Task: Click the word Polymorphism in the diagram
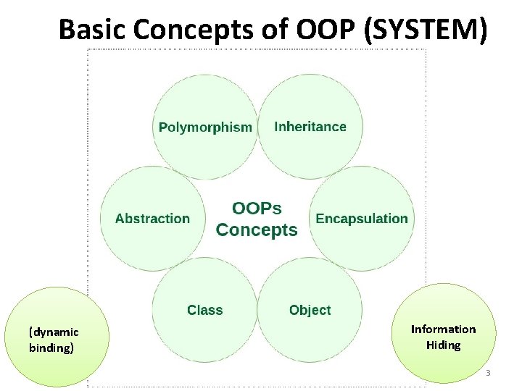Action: point(205,127)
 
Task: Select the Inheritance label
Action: point(310,127)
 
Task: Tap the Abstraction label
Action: point(152,219)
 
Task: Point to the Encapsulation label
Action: point(362,219)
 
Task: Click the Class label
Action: point(204,310)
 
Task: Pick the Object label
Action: point(310,310)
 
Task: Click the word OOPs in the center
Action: point(257,209)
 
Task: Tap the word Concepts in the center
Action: point(257,230)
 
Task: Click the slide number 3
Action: point(488,374)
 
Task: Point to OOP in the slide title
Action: point(323,29)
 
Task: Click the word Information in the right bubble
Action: point(443,329)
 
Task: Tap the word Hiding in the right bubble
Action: point(443,345)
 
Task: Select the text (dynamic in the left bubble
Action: point(54,332)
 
